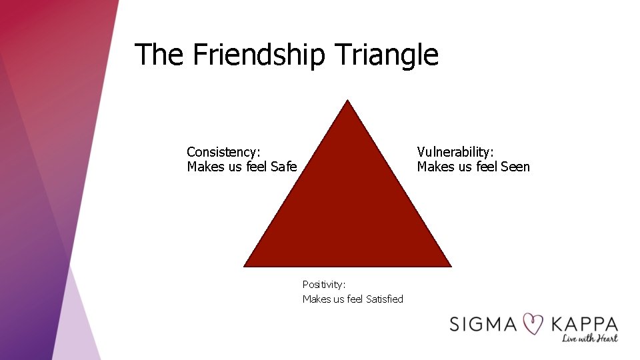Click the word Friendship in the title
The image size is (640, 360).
[x=259, y=55]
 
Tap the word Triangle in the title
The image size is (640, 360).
[x=387, y=55]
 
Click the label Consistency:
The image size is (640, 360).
[x=223, y=152]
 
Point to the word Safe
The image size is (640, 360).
[x=284, y=167]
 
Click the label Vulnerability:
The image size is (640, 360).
[x=455, y=152]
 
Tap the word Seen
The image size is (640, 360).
[x=515, y=167]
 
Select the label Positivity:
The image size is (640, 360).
[x=324, y=284]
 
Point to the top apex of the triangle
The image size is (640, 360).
[x=347, y=101]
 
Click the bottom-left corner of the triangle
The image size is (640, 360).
[x=245, y=265]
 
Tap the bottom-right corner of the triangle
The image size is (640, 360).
[x=450, y=265]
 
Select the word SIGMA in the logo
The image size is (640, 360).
[x=483, y=325]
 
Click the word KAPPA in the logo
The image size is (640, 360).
[x=585, y=325]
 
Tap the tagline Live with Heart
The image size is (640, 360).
[x=589, y=339]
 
